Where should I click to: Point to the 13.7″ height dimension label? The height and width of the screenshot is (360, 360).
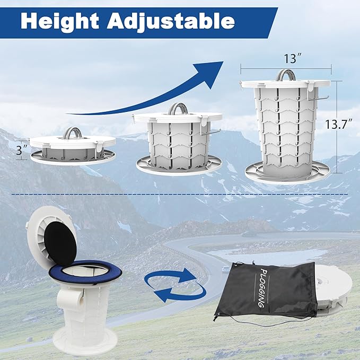(x=338, y=125)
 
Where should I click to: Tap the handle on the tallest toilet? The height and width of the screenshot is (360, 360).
(x=285, y=75)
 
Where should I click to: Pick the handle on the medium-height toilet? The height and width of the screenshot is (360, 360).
(x=178, y=108)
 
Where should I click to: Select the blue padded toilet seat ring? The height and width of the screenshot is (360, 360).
(x=85, y=273)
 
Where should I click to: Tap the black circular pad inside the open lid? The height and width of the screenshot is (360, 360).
(x=60, y=244)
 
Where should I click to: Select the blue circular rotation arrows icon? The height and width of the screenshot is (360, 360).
(x=175, y=286)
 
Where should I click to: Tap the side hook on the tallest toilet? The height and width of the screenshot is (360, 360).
(x=319, y=98)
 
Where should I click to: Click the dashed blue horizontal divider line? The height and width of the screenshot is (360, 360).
(x=180, y=195)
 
